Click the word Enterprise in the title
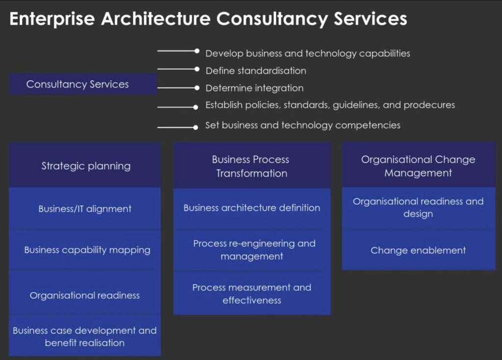click(x=52, y=19)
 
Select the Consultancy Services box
click(x=82, y=84)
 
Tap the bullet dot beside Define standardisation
click(x=197, y=69)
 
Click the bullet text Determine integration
click(x=254, y=88)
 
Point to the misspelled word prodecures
click(x=429, y=105)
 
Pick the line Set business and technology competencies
click(x=303, y=125)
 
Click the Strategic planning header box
click(x=85, y=165)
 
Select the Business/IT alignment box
click(x=85, y=209)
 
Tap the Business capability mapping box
click(x=85, y=250)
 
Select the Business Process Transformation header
click(x=251, y=166)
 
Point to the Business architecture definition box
click(x=251, y=209)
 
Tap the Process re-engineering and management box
click(x=251, y=250)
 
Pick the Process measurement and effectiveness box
click(x=251, y=293)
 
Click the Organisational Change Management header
click(x=419, y=165)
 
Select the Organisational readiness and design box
click(x=419, y=208)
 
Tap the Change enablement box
click(x=419, y=250)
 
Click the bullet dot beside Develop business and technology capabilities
click(x=197, y=51)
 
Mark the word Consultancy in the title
click(x=272, y=19)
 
